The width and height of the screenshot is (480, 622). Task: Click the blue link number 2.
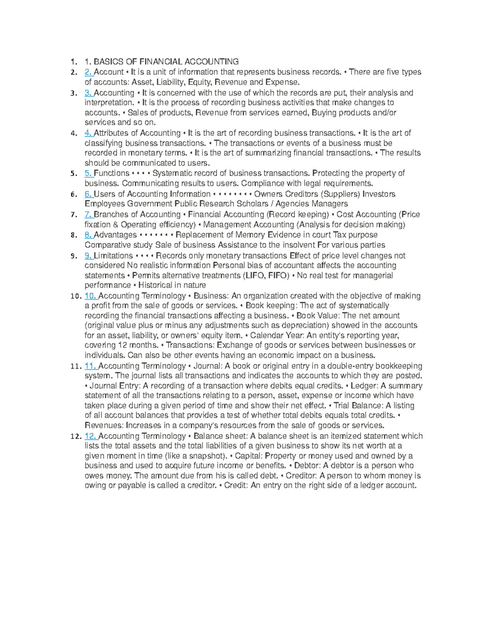click(88, 72)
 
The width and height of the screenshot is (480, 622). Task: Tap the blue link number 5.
click(88, 173)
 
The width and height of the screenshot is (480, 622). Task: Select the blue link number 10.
click(90, 296)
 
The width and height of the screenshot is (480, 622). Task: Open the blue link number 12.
click(90, 436)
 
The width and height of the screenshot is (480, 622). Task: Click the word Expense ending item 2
click(284, 82)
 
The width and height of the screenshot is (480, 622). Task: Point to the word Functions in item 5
click(112, 173)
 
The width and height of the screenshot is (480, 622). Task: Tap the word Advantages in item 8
click(115, 235)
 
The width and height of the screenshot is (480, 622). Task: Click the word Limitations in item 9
click(113, 256)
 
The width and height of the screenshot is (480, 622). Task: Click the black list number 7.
click(74, 215)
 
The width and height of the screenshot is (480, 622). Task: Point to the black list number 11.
click(76, 366)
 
